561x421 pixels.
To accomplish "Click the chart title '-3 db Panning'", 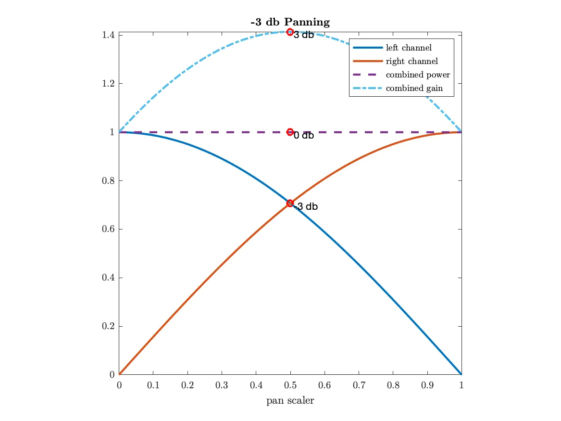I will coord(290,22).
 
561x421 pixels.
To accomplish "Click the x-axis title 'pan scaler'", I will coord(290,400).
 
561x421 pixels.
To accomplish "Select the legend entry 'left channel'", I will coord(409,48).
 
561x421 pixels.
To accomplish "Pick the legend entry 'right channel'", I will coord(411,61).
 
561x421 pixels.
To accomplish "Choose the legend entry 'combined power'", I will coord(417,75).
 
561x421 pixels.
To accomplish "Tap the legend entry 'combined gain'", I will coord(414,88).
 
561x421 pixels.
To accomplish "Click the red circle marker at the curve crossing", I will coord(290,203).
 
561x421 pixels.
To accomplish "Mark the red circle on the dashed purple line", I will coord(290,132).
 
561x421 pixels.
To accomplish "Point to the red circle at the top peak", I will coord(290,32).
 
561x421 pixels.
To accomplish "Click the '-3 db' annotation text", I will coord(306,207).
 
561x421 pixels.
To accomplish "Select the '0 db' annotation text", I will coord(303,136).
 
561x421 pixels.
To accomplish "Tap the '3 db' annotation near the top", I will coord(303,35).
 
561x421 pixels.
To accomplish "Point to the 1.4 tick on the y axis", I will coord(108,35).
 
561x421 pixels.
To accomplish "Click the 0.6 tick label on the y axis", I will coord(108,229).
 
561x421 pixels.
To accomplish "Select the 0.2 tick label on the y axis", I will coord(108,326).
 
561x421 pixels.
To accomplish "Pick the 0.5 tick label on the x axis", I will coord(290,385).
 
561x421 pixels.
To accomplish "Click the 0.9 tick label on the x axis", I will coord(427,385).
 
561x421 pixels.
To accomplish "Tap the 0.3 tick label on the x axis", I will coord(222,385).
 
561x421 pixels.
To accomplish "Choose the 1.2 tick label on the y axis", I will coord(108,84).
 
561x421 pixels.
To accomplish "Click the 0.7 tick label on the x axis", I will coord(359,385).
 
